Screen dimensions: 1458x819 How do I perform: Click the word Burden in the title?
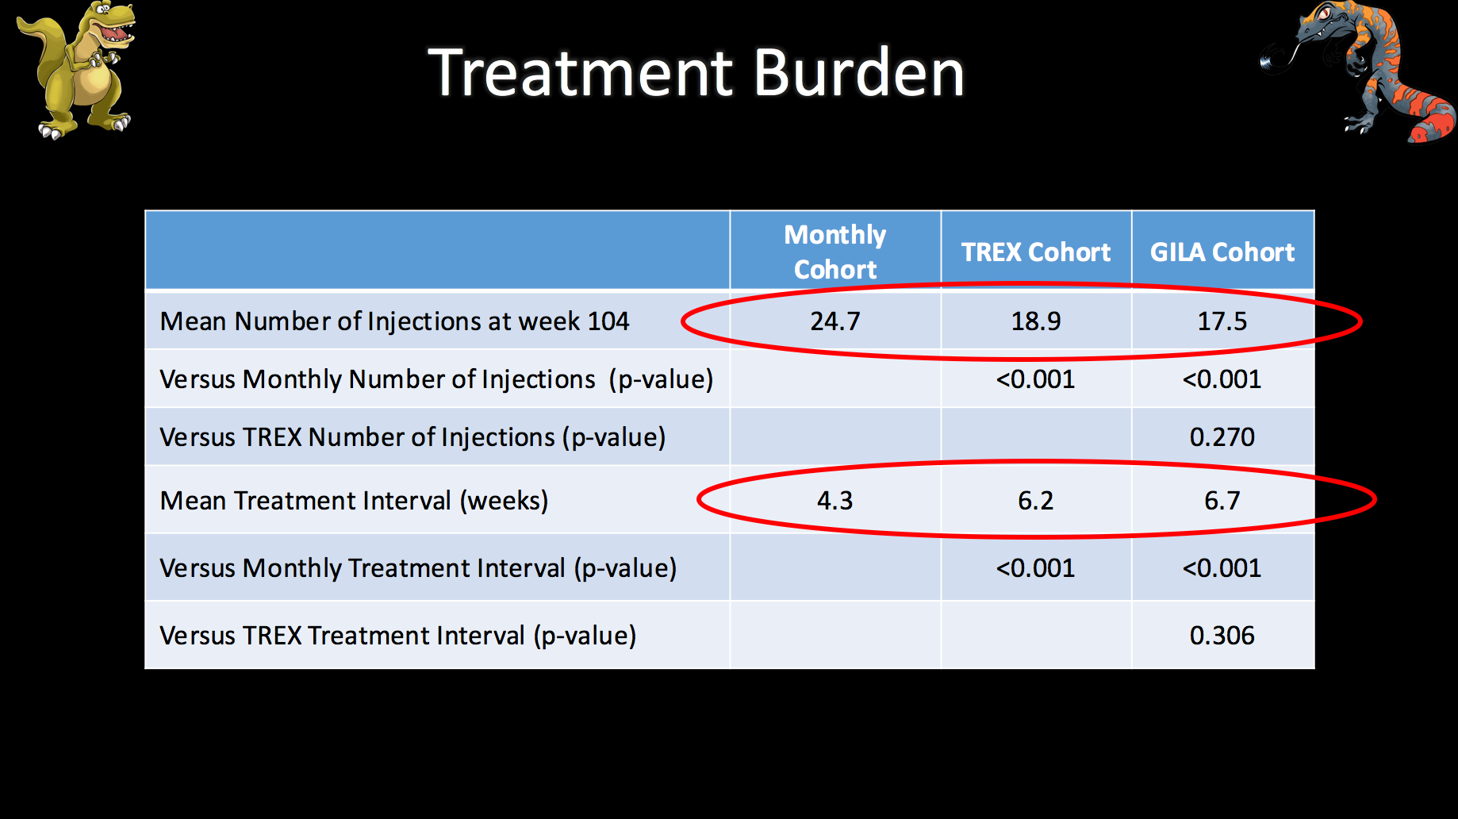(858, 73)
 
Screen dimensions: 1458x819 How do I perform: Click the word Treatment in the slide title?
(580, 73)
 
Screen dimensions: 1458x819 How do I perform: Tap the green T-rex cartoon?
(79, 70)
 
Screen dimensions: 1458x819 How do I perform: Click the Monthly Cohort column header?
(835, 252)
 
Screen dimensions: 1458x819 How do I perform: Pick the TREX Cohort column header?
(1036, 252)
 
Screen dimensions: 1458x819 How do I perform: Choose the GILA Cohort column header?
(1222, 252)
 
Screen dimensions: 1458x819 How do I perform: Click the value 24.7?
(835, 321)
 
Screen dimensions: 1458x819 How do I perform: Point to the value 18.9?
(1036, 321)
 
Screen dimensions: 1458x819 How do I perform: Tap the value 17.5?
(1222, 321)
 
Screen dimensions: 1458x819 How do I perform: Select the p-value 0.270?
(1222, 437)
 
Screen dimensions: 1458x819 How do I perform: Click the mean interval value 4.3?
(835, 501)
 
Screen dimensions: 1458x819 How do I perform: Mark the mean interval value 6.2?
(1036, 501)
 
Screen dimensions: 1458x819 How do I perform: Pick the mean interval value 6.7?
(1222, 501)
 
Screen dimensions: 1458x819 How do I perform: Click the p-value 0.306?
(1222, 636)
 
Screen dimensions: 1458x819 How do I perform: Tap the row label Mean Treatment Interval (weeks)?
(354, 502)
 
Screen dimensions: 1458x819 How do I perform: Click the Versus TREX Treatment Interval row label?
(398, 636)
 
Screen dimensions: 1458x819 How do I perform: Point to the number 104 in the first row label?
(608, 321)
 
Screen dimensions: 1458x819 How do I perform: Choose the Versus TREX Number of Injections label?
(412, 438)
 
